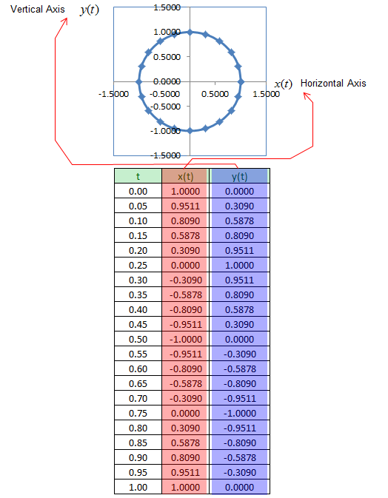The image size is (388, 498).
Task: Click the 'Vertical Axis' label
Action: [x=38, y=9]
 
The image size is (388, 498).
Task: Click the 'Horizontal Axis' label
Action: [x=333, y=83]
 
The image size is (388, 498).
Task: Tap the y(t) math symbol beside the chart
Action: [x=90, y=10]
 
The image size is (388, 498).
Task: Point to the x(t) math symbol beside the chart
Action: [x=283, y=84]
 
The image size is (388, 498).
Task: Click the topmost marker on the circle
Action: [x=190, y=32]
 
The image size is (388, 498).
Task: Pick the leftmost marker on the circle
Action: [x=139, y=81]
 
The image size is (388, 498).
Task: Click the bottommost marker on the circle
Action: [x=190, y=130]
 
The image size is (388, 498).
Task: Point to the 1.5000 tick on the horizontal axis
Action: [x=266, y=94]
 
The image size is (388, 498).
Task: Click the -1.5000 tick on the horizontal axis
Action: [x=113, y=94]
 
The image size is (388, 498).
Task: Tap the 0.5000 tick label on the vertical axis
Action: [x=167, y=57]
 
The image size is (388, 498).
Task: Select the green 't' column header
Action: [x=138, y=176]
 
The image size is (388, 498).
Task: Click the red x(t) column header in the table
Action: [x=185, y=176]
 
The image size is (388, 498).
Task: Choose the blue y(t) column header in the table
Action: [x=239, y=176]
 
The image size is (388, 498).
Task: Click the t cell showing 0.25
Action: [x=138, y=265]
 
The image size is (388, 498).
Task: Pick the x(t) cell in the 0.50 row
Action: [x=185, y=339]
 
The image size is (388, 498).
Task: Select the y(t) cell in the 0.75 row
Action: [x=239, y=413]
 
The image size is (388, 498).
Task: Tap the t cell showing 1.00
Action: [x=138, y=487]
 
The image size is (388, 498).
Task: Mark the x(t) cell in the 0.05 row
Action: [x=185, y=206]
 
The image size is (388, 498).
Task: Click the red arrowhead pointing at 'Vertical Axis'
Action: [x=65, y=21]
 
